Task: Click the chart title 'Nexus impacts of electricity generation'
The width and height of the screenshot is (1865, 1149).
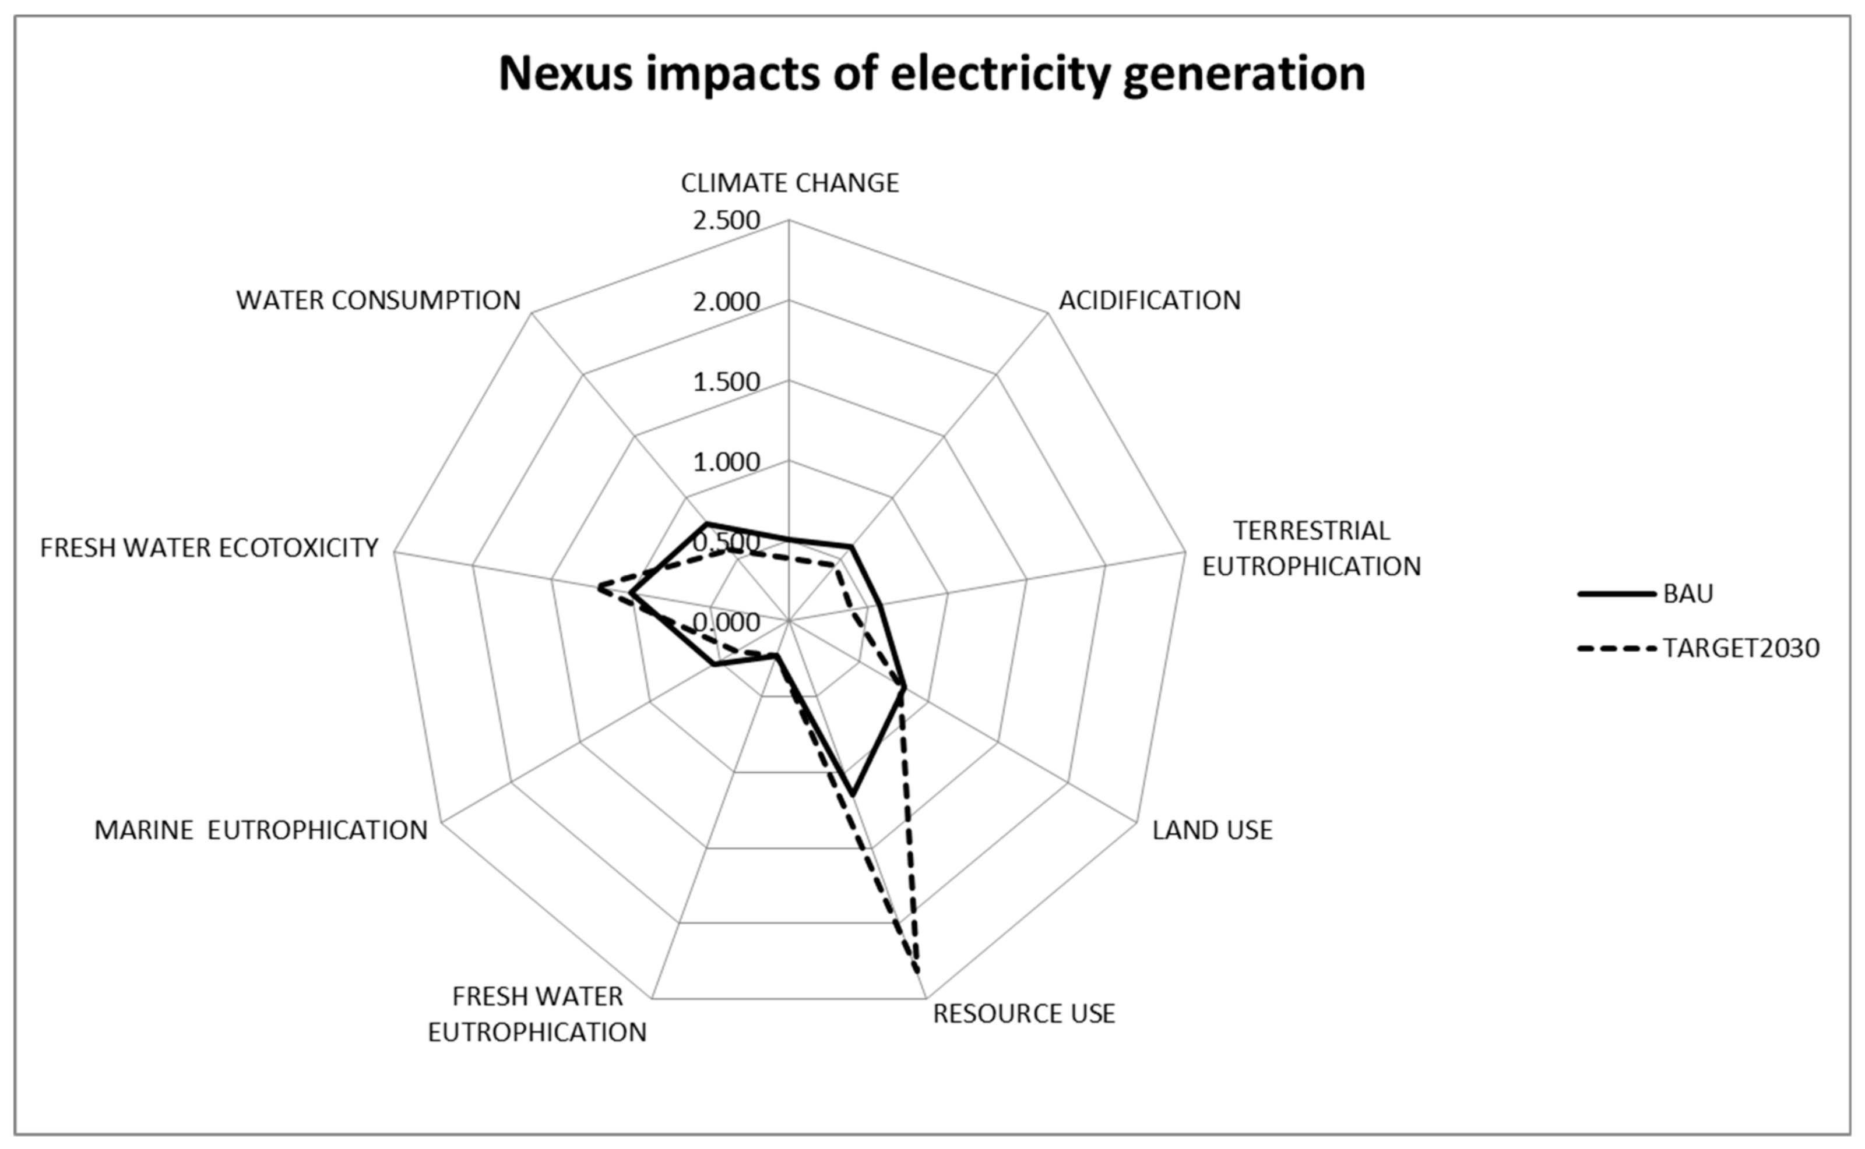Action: (931, 74)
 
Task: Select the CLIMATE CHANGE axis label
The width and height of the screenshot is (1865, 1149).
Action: (789, 183)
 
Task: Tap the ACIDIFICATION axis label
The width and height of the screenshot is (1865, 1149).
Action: (1149, 300)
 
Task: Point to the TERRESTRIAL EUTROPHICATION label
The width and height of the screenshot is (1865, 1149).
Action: (1311, 548)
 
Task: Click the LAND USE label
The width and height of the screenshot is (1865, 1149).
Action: (1212, 830)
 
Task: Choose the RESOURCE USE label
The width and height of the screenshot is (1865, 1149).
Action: (1023, 1014)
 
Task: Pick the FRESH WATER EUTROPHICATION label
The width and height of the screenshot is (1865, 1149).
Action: (537, 1014)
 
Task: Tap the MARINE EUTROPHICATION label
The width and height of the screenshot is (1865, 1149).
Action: (261, 830)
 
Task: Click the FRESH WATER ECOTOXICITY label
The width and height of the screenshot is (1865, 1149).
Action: (209, 547)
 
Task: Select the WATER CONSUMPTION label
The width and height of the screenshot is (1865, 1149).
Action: (378, 300)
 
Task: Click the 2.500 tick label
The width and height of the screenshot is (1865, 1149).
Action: (726, 220)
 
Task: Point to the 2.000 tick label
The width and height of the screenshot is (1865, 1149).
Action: (726, 302)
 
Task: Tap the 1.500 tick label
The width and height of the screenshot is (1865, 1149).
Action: (726, 381)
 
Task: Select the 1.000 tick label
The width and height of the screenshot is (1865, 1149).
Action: (726, 462)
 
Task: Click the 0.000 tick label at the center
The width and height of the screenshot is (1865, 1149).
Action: (726, 621)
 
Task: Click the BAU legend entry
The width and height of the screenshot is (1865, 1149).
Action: (1687, 593)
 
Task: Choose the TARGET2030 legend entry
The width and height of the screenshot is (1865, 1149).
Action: (1740, 648)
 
